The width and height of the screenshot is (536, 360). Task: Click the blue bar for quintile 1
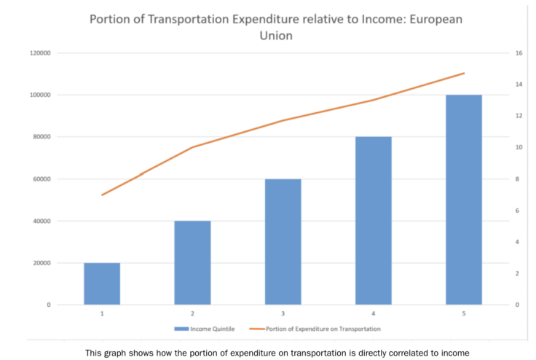tap(102, 283)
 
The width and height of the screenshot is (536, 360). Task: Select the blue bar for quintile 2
tap(192, 262)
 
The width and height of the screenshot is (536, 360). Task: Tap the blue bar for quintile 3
tap(283, 241)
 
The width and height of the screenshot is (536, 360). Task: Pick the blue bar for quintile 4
tap(374, 220)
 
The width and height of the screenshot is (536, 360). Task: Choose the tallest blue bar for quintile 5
tap(464, 200)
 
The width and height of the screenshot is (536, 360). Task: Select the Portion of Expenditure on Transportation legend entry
tap(321, 329)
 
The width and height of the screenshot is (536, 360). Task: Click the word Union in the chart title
tap(268, 35)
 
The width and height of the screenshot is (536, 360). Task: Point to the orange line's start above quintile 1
tap(102, 195)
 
